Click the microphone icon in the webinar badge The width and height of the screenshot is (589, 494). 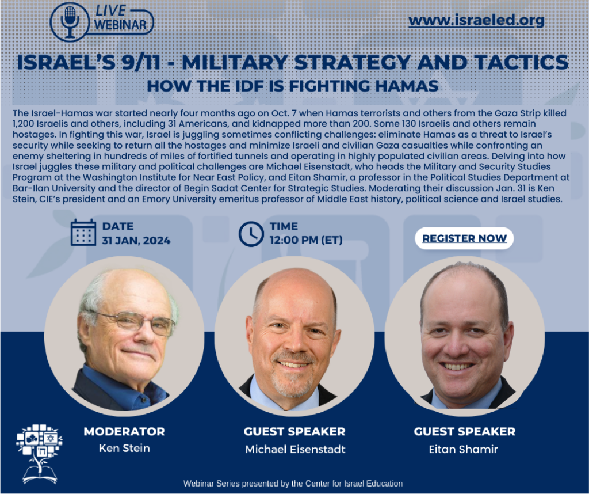pyautogui.click(x=70, y=22)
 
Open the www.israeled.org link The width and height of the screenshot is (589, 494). pyautogui.click(x=476, y=20)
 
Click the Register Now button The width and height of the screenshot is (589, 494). pyautogui.click(x=464, y=238)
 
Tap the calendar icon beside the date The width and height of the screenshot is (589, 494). pyautogui.click(x=83, y=233)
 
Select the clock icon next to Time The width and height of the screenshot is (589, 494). pyautogui.click(x=251, y=234)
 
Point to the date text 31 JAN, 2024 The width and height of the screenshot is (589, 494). pyautogui.click(x=136, y=241)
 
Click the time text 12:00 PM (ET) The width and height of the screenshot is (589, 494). pyautogui.click(x=306, y=240)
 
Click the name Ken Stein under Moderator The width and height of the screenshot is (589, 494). pyautogui.click(x=124, y=448)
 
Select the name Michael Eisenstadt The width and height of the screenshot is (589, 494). pyautogui.click(x=295, y=449)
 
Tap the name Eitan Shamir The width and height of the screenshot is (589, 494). pyautogui.click(x=464, y=449)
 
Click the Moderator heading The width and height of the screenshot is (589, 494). pyautogui.click(x=124, y=431)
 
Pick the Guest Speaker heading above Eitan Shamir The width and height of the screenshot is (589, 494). pyautogui.click(x=465, y=431)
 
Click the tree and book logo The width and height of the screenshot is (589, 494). pyautogui.click(x=40, y=454)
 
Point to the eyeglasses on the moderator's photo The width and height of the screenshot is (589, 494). pyautogui.click(x=135, y=322)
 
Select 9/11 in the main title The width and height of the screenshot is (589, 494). pyautogui.click(x=141, y=62)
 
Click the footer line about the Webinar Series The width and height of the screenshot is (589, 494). pyautogui.click(x=293, y=484)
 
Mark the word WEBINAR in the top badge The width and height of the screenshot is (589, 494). pyautogui.click(x=120, y=25)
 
